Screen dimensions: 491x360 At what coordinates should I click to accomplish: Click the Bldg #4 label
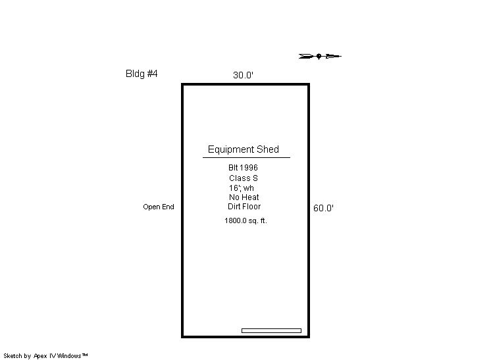coord(142,74)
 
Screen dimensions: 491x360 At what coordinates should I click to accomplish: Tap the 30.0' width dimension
coord(243,75)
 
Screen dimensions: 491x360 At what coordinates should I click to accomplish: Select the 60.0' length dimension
coord(323,208)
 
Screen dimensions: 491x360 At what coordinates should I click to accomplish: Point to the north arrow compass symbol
coord(320,57)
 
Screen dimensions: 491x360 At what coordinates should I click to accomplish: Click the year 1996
coord(249,168)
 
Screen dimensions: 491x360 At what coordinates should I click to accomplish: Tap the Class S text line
coord(244,178)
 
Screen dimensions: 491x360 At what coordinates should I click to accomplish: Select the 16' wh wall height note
coord(242,188)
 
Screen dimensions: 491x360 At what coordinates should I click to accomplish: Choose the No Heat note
coord(244,197)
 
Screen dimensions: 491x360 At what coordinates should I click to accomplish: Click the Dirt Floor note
coord(244,207)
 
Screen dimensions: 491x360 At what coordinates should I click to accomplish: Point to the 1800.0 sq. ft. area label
coord(245,220)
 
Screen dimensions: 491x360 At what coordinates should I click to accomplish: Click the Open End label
coord(159,207)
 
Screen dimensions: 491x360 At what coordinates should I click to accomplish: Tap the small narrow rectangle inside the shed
coord(271,330)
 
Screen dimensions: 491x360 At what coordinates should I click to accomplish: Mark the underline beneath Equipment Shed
coord(246,157)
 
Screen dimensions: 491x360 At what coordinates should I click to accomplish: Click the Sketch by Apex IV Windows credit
coord(45,356)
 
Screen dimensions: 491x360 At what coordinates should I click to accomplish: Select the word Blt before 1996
coord(233,168)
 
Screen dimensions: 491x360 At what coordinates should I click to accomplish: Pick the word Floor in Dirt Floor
coord(252,207)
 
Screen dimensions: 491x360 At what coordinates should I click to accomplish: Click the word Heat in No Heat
coord(250,197)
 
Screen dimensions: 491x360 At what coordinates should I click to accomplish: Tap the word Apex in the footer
coord(40,356)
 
